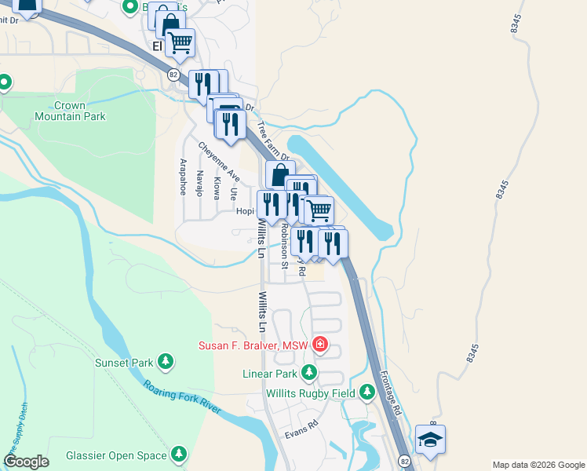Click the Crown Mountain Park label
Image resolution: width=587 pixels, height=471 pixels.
click(x=70, y=111)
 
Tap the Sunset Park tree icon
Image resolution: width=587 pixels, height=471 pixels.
click(x=166, y=361)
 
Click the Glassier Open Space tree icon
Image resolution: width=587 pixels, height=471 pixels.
click(x=180, y=454)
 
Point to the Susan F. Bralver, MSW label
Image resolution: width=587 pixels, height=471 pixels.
click(x=254, y=345)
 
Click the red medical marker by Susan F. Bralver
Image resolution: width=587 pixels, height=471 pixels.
click(x=320, y=344)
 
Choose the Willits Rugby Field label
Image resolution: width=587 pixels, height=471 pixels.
click(x=310, y=392)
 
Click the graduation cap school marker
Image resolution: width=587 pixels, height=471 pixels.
click(x=430, y=440)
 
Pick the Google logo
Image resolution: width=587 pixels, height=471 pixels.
click(x=26, y=462)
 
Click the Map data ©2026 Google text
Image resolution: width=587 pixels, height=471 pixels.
click(x=538, y=465)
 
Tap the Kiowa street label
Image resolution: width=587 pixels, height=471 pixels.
click(x=217, y=188)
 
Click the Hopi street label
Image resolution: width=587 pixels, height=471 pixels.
click(x=243, y=211)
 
